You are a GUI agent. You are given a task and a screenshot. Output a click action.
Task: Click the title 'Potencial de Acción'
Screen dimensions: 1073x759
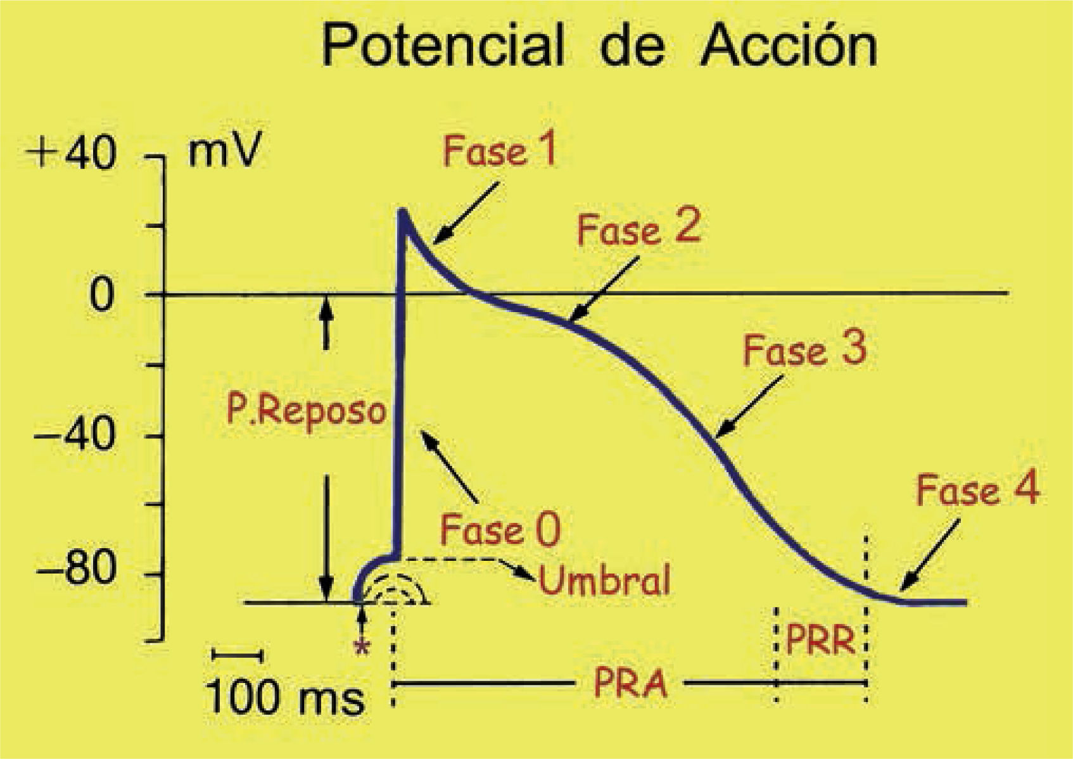(599, 45)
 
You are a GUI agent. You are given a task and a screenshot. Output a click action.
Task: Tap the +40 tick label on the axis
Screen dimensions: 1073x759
(74, 154)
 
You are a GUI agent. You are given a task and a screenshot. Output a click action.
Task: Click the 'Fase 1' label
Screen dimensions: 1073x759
(499, 152)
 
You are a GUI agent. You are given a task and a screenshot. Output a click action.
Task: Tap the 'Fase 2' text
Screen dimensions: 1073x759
(638, 229)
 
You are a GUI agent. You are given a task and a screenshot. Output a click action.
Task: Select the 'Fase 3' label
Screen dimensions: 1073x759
(804, 350)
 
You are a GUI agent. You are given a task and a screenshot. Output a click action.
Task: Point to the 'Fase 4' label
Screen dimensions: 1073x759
(977, 491)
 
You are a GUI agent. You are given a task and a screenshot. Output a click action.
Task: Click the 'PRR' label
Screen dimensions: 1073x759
(820, 640)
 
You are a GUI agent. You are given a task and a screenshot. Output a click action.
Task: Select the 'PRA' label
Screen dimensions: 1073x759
(630, 684)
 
